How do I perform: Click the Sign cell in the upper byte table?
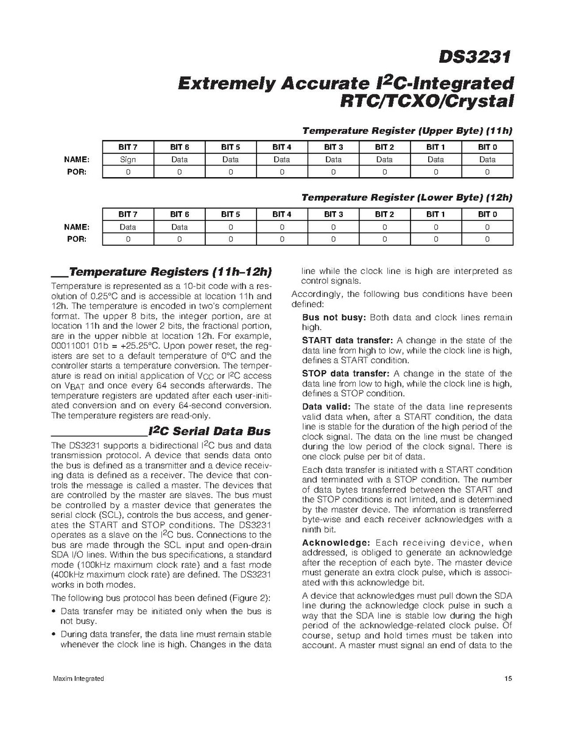click(128, 159)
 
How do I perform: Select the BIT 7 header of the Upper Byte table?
click(128, 147)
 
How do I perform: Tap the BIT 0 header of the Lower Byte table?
click(487, 214)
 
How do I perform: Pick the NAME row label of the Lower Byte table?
click(77, 226)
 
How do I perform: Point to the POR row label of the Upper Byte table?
click(79, 172)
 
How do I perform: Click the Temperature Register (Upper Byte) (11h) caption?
click(407, 131)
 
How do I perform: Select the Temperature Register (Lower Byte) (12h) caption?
click(407, 198)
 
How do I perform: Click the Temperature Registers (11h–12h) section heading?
click(170, 271)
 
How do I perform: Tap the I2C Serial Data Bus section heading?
click(210, 431)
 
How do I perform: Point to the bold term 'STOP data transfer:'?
click(346, 374)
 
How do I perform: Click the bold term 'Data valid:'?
click(327, 406)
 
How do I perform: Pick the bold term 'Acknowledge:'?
click(336, 542)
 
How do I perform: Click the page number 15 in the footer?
click(508, 678)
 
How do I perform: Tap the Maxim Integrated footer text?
click(78, 678)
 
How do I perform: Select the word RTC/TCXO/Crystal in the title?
click(426, 101)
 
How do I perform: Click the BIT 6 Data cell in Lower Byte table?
click(180, 226)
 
